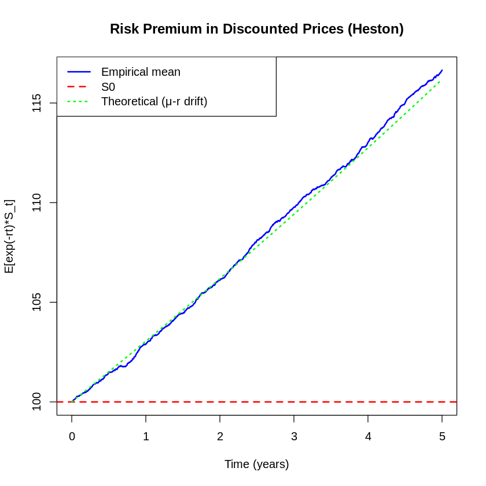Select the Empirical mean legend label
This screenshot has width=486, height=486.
point(141,72)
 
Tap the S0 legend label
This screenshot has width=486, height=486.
point(108,87)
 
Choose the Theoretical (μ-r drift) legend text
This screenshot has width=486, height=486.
point(154,101)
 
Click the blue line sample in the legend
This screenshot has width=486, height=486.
point(79,72)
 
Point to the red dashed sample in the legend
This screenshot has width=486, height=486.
point(79,87)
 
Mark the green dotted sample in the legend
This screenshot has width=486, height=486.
point(79,101)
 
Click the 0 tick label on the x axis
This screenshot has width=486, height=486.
point(72,437)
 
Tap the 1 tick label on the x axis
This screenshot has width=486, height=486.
point(146,437)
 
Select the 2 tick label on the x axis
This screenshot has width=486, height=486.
point(220,437)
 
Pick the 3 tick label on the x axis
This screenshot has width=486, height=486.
point(294,437)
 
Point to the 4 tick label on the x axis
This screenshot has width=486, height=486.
point(368,437)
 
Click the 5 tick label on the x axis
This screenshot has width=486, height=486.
point(442,437)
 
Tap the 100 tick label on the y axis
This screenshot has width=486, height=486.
point(37,402)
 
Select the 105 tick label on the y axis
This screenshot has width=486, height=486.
point(37,302)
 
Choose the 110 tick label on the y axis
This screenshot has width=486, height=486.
point(37,203)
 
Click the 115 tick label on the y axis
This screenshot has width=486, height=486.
point(37,103)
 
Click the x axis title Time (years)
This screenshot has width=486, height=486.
point(256,464)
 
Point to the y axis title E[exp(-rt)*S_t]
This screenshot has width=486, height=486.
point(9,236)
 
